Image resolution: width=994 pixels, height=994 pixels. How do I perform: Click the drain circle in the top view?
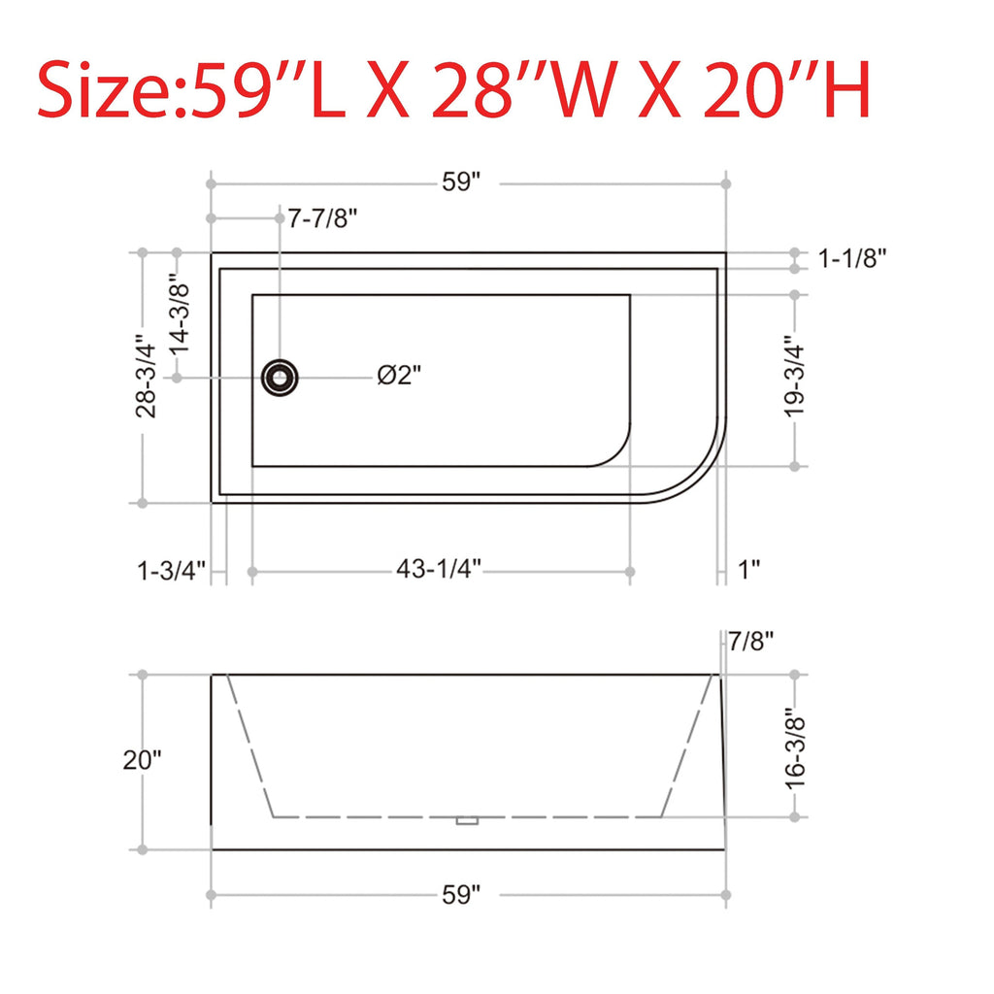pyautogui.click(x=280, y=377)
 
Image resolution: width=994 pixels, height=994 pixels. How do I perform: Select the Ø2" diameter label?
pyautogui.click(x=400, y=376)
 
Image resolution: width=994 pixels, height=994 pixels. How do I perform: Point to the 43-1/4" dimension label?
pyautogui.click(x=439, y=570)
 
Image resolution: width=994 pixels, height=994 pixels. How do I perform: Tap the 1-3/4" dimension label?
pyautogui.click(x=172, y=571)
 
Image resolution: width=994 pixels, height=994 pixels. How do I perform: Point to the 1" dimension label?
pyautogui.click(x=748, y=570)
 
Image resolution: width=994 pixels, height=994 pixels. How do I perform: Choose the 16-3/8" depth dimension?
pyautogui.click(x=796, y=745)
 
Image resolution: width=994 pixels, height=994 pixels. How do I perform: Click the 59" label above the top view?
pyautogui.click(x=462, y=182)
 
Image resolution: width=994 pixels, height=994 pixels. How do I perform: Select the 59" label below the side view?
pyautogui.click(x=462, y=894)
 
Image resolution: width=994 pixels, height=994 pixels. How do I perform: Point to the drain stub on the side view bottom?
pyautogui.click(x=468, y=821)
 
